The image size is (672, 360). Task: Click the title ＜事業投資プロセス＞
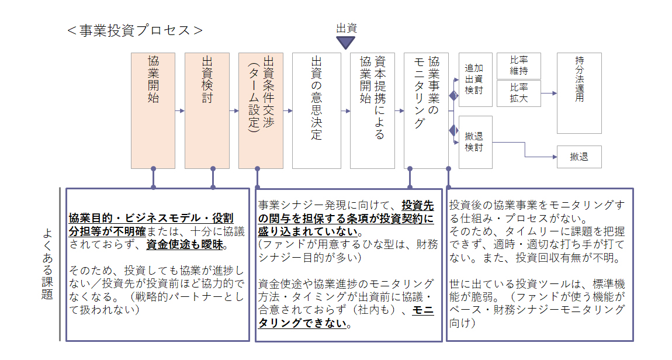(135, 30)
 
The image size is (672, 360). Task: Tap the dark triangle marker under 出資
(345, 43)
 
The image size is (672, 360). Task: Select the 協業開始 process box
(153, 110)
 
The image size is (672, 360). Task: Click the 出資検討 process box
(207, 110)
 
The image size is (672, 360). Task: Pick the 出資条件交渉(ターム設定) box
(261, 110)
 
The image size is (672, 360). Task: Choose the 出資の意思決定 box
(317, 110)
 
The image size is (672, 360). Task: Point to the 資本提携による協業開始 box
(372, 110)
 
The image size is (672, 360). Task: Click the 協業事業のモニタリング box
(427, 110)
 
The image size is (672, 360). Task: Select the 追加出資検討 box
(475, 79)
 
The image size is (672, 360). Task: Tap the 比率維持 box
(518, 66)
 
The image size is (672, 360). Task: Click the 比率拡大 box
(518, 94)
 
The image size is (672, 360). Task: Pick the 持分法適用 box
(580, 93)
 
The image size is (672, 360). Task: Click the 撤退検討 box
(475, 142)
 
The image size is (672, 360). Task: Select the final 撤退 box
(580, 157)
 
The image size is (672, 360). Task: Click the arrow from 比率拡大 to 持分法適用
(549, 93)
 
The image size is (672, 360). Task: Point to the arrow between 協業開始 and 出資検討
(180, 110)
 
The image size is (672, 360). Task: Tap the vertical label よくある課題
(47, 264)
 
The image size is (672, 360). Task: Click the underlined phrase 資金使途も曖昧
(185, 245)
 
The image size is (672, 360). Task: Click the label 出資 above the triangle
(347, 28)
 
